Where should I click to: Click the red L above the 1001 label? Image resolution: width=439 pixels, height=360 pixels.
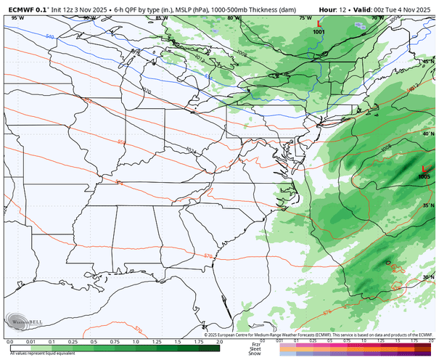tap(319, 24)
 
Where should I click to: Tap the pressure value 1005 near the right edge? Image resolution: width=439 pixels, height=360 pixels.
tap(424, 176)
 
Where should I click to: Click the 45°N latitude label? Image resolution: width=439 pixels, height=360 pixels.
tap(429, 62)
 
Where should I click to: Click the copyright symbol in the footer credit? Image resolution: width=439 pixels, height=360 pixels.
tap(205, 335)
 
